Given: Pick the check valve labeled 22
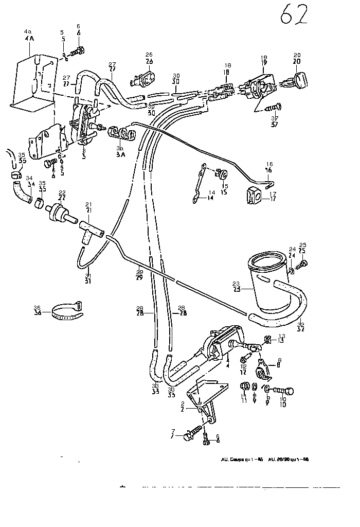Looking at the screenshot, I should click(57, 212).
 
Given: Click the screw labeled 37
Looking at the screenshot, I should click(274, 108).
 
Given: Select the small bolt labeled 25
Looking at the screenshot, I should click(303, 264).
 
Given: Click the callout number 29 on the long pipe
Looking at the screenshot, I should click(139, 272).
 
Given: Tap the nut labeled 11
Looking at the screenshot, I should click(245, 387).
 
